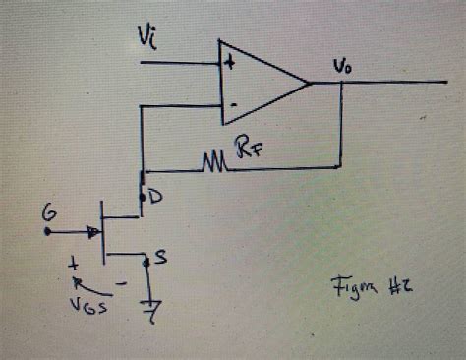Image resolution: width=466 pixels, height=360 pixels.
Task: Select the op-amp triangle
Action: click(258, 83)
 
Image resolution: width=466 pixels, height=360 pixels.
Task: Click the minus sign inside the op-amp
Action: click(232, 103)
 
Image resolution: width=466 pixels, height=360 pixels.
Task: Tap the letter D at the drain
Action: click(154, 198)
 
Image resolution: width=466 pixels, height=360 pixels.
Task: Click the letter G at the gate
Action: click(48, 211)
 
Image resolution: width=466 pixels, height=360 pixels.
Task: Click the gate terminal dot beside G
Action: click(47, 233)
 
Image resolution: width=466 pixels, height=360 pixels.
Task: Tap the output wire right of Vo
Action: click(403, 82)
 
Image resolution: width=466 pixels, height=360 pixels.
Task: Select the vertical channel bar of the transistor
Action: click(104, 232)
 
